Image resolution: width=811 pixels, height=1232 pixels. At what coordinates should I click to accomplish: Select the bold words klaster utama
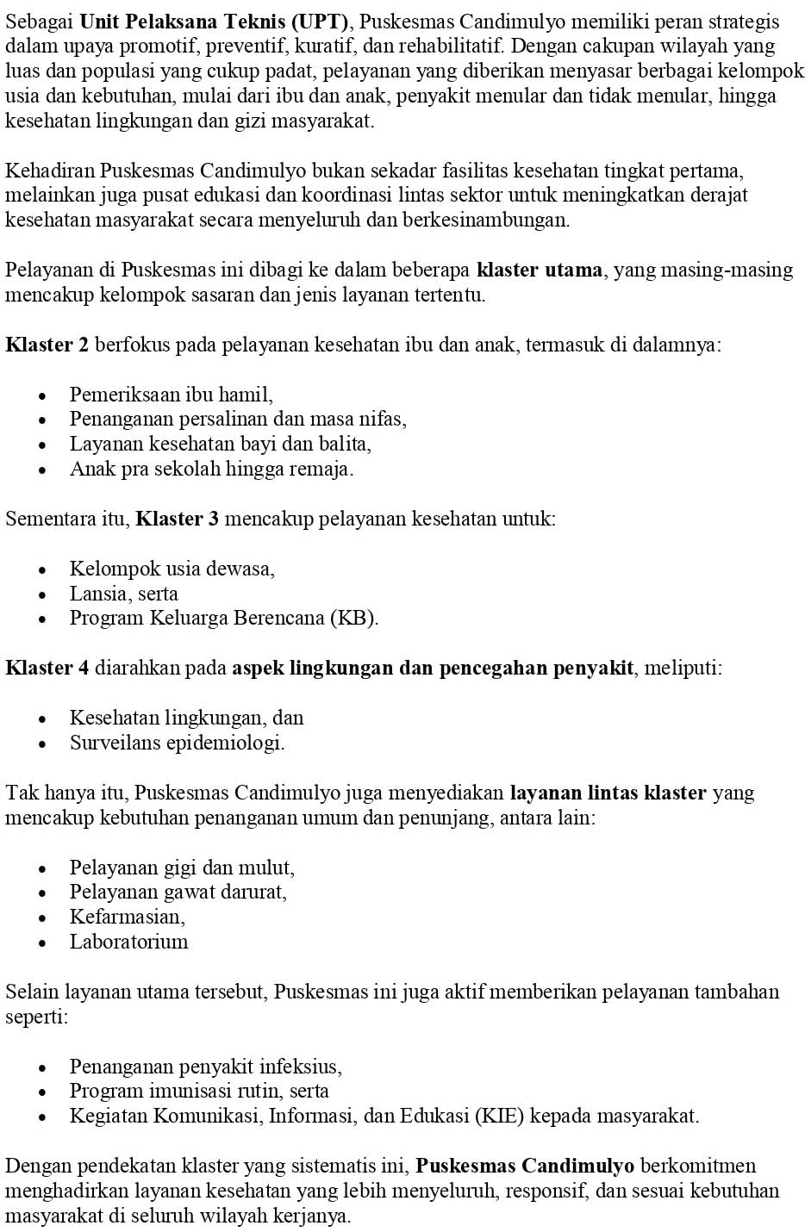click(x=540, y=270)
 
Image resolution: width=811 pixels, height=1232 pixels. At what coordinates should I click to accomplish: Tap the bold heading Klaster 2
click(x=47, y=345)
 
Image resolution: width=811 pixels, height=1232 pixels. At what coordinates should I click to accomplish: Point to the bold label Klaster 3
click(x=178, y=519)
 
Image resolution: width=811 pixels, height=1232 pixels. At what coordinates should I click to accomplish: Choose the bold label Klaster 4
click(x=47, y=668)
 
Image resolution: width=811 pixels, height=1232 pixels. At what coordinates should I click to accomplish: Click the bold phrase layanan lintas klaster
click(x=608, y=793)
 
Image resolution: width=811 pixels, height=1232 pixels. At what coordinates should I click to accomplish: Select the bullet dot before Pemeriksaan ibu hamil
click(x=42, y=396)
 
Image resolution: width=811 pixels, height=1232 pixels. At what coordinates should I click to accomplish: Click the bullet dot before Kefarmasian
click(x=42, y=918)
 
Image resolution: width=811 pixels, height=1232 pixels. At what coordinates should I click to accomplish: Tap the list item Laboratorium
click(x=129, y=942)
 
